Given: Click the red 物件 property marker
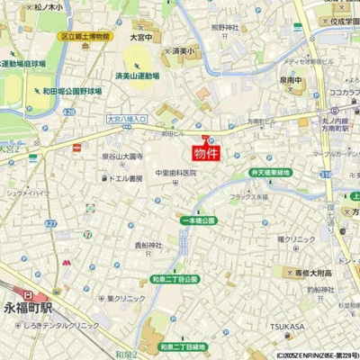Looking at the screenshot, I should coord(206,152).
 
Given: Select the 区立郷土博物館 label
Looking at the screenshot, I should coord(85,37).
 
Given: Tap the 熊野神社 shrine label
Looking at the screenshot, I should coord(224,28).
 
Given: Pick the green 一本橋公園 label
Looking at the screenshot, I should coord(199,220).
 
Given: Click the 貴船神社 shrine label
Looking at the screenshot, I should coord(148,245).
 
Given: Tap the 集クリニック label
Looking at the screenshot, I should coord(125,298).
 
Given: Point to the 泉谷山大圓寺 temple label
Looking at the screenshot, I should coord(122,157).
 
